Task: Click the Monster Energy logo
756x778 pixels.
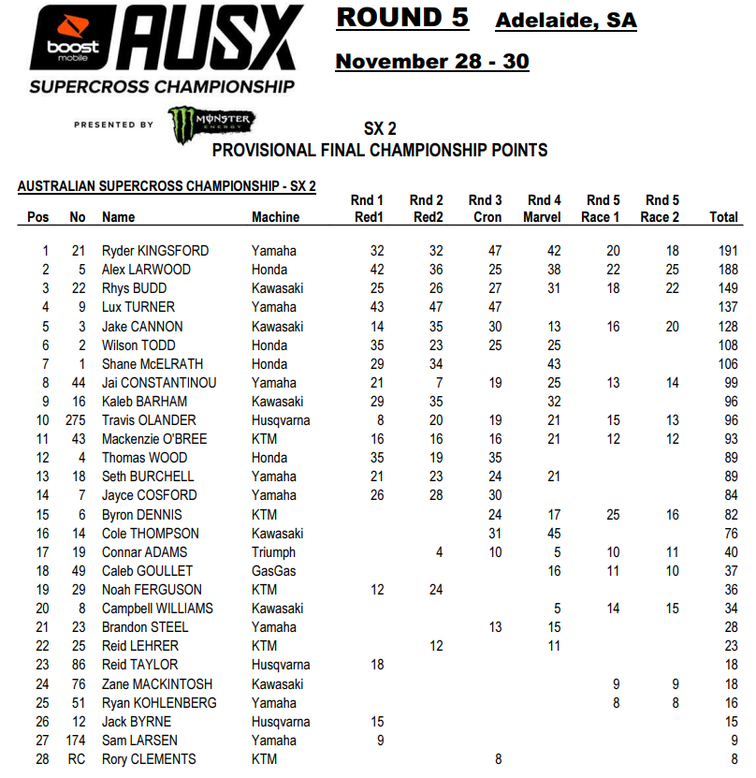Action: (x=211, y=125)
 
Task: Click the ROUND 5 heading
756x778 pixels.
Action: (x=401, y=18)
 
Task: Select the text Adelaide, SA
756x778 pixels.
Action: (x=565, y=21)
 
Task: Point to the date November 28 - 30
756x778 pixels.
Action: (x=431, y=62)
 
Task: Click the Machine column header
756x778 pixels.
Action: (x=275, y=217)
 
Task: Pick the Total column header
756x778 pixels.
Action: (x=723, y=217)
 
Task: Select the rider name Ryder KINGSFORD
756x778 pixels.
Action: (x=155, y=251)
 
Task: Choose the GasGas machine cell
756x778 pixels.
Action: (x=273, y=571)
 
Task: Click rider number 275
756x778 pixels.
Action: (x=78, y=420)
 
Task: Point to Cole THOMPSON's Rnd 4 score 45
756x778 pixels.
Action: (x=552, y=534)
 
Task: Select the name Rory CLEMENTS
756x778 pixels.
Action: (x=149, y=759)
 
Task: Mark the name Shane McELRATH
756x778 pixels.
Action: (x=153, y=364)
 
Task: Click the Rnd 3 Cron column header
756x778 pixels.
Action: (x=485, y=209)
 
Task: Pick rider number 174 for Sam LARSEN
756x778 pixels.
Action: (x=78, y=741)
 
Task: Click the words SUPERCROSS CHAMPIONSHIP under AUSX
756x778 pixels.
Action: (x=161, y=87)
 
